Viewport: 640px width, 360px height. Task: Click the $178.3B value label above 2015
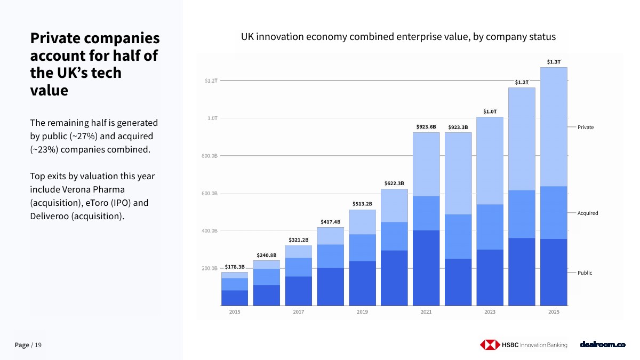[235, 267]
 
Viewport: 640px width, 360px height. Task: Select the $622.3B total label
[394, 183]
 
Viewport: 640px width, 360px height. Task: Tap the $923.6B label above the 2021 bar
[426, 126]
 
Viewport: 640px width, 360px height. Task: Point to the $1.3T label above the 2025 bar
[554, 62]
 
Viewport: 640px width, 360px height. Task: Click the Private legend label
[586, 127]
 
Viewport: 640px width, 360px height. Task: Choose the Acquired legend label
[587, 213]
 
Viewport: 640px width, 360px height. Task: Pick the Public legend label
[585, 273]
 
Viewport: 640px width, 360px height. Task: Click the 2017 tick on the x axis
[298, 311]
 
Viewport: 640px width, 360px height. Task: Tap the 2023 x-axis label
[490, 311]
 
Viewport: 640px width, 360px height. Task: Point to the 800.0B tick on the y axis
[210, 156]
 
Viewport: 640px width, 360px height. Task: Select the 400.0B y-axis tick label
[210, 230]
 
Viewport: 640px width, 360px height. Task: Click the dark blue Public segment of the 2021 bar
[426, 268]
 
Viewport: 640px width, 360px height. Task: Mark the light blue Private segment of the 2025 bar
[554, 127]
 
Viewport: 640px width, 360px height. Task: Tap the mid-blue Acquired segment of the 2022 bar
[458, 237]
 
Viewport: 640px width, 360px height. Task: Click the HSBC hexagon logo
[490, 345]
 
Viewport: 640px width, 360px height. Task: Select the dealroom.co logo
[603, 345]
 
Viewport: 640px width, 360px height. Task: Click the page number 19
[38, 345]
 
